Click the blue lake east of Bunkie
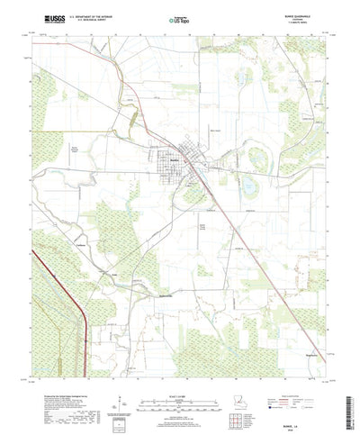point(246,187)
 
